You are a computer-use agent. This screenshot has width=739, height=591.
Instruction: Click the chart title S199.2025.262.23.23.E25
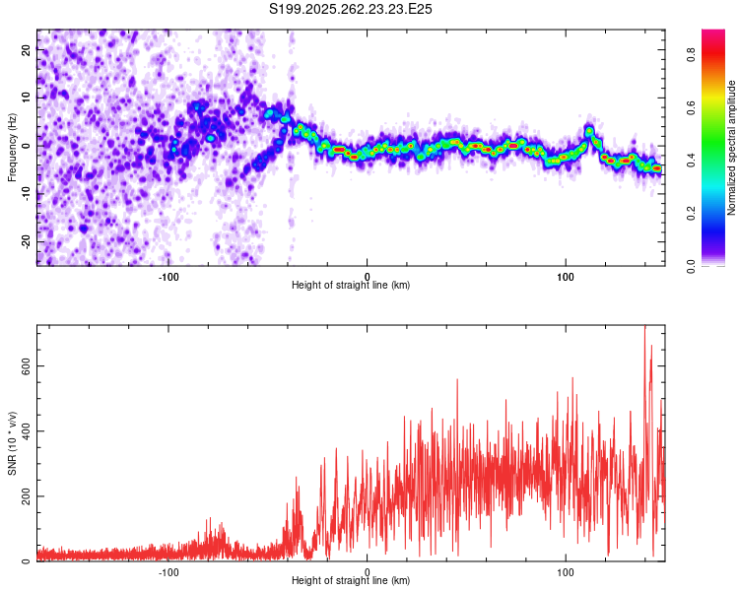351,9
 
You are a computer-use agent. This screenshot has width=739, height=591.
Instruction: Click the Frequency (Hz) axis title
12,148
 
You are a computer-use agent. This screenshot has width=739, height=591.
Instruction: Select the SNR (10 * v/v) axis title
12,443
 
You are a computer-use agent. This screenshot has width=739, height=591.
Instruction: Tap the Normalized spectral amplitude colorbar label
732,148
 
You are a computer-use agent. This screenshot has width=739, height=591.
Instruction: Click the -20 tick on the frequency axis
27,241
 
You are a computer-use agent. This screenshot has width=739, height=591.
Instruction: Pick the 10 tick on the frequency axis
27,97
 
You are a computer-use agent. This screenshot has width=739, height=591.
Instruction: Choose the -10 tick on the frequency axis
27,193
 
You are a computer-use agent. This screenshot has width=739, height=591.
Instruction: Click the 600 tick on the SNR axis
27,365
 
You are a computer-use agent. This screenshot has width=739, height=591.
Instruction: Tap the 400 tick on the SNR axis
27,430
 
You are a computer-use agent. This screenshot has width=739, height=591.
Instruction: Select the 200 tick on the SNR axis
27,495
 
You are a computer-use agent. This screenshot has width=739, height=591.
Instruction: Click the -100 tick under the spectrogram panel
168,275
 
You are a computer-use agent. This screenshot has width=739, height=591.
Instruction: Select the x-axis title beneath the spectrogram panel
351,286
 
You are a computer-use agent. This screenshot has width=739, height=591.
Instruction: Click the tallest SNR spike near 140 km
644,328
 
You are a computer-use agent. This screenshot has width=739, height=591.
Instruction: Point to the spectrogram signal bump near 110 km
589,130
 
